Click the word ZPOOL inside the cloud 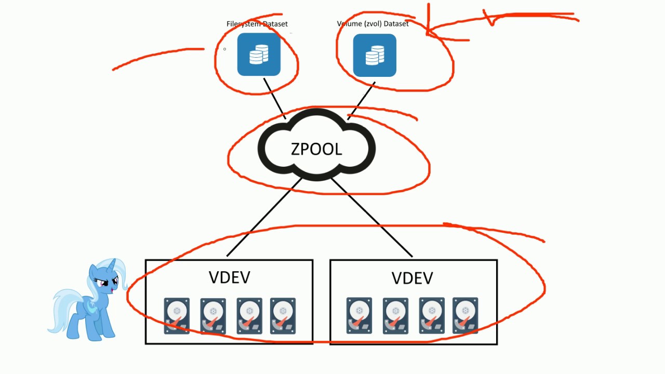point(316,149)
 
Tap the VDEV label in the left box point(229,277)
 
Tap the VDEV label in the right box point(412,278)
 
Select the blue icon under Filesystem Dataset point(259,55)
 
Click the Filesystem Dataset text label point(257,24)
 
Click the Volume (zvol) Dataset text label point(373,24)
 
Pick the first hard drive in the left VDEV point(177,315)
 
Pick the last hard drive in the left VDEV point(283,315)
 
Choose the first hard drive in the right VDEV point(359,315)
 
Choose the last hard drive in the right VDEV point(465,315)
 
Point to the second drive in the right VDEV point(395,315)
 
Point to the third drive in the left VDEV point(249,315)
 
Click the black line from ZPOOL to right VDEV point(371,218)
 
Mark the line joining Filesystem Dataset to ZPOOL point(274,98)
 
